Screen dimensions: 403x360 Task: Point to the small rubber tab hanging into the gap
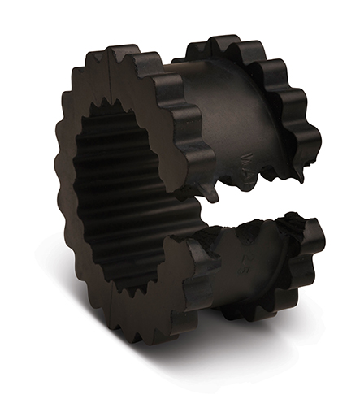(x=214, y=194)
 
